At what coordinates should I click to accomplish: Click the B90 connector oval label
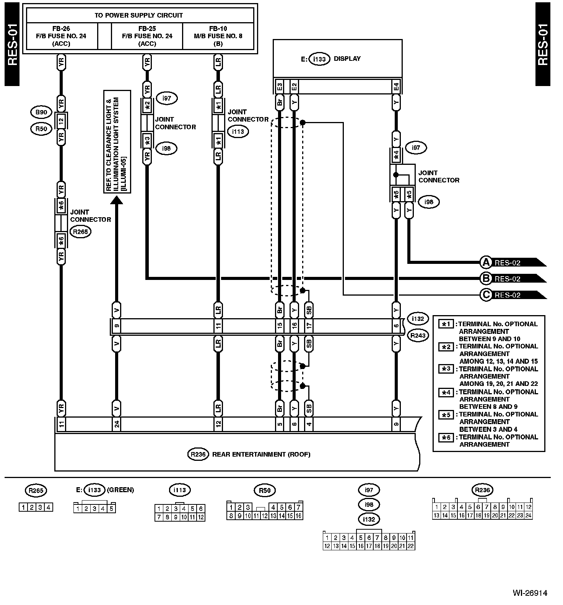click(41, 112)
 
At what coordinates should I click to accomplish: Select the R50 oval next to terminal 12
click(41, 129)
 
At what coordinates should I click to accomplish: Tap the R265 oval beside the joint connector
click(81, 231)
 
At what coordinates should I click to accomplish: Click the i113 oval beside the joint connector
click(238, 132)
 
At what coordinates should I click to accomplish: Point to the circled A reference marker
click(486, 263)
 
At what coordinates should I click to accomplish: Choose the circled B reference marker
click(486, 279)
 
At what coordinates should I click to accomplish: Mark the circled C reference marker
click(486, 295)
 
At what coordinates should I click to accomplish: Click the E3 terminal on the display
click(280, 87)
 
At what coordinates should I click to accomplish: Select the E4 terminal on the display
click(396, 87)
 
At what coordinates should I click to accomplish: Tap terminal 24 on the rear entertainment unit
click(117, 424)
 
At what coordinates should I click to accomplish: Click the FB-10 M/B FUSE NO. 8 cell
click(218, 36)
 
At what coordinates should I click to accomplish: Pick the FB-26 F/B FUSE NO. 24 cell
click(61, 36)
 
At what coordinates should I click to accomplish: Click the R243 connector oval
click(418, 335)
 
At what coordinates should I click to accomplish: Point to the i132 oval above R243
click(418, 319)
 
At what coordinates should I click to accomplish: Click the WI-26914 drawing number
click(530, 593)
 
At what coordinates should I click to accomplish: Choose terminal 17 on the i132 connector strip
click(309, 326)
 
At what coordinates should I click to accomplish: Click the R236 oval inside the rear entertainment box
click(197, 454)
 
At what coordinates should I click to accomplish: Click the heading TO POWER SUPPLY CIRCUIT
click(138, 16)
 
